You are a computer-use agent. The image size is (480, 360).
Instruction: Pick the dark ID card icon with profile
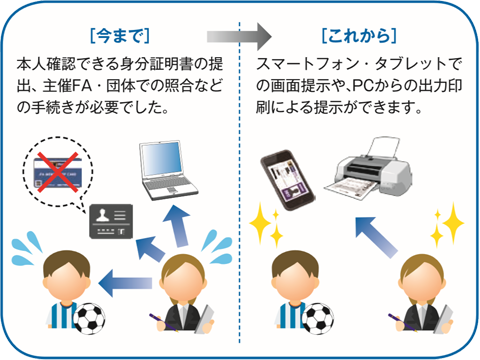point(112,216)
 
